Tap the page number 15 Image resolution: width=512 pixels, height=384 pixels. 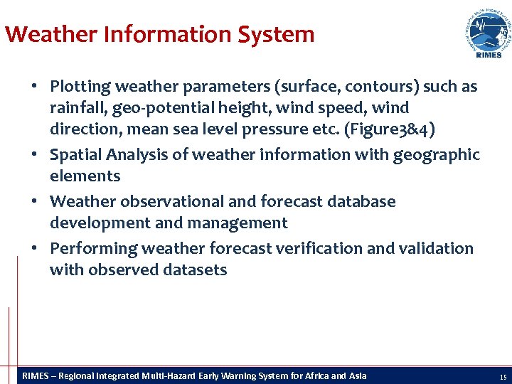[503, 377]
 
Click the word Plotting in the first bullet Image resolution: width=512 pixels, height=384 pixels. [80, 87]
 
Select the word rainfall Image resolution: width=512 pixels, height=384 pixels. [78, 108]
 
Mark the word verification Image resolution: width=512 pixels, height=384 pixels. [317, 248]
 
